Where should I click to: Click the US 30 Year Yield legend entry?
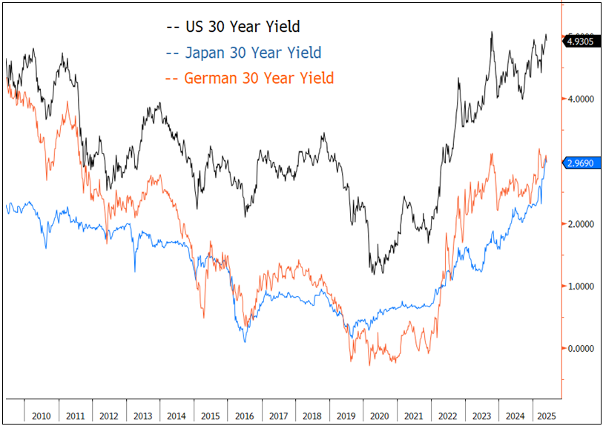[233, 27]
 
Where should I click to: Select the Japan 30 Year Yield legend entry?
[244, 53]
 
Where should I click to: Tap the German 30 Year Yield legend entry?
[250, 78]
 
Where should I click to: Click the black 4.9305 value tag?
[580, 42]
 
